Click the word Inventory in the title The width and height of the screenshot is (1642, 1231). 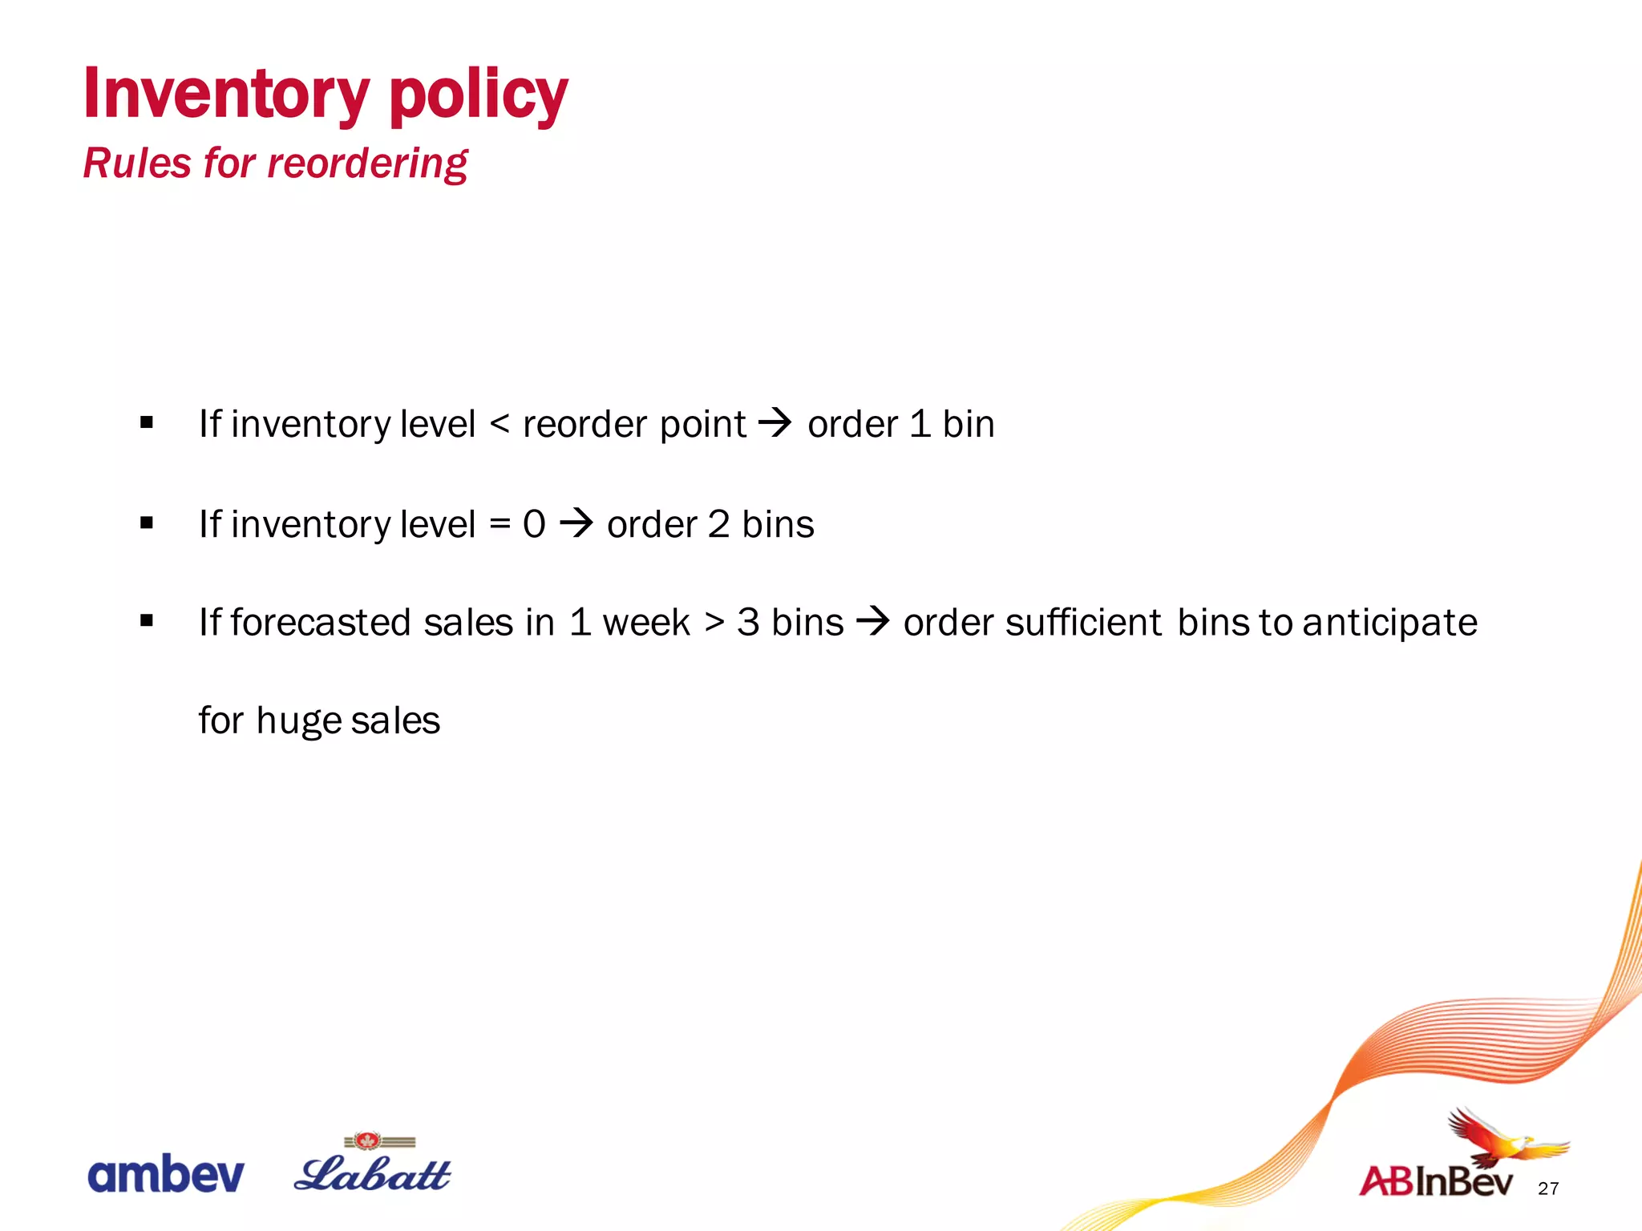point(226,95)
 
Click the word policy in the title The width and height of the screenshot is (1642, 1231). point(478,96)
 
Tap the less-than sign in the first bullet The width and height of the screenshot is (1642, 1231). point(499,423)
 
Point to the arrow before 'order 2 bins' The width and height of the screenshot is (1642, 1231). point(576,523)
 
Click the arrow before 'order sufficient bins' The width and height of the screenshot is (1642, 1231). point(873,621)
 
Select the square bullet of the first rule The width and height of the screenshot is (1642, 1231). point(146,422)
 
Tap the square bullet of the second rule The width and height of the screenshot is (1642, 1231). point(146,523)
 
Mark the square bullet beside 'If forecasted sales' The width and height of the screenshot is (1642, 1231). point(146,620)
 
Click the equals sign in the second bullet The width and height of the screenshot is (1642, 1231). point(499,524)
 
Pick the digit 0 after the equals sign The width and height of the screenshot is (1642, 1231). point(534,524)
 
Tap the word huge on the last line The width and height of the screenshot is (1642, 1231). point(298,721)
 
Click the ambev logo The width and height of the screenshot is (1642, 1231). point(165,1174)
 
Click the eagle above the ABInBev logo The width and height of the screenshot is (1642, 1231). point(1500,1138)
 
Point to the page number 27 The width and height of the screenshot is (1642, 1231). point(1548,1188)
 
